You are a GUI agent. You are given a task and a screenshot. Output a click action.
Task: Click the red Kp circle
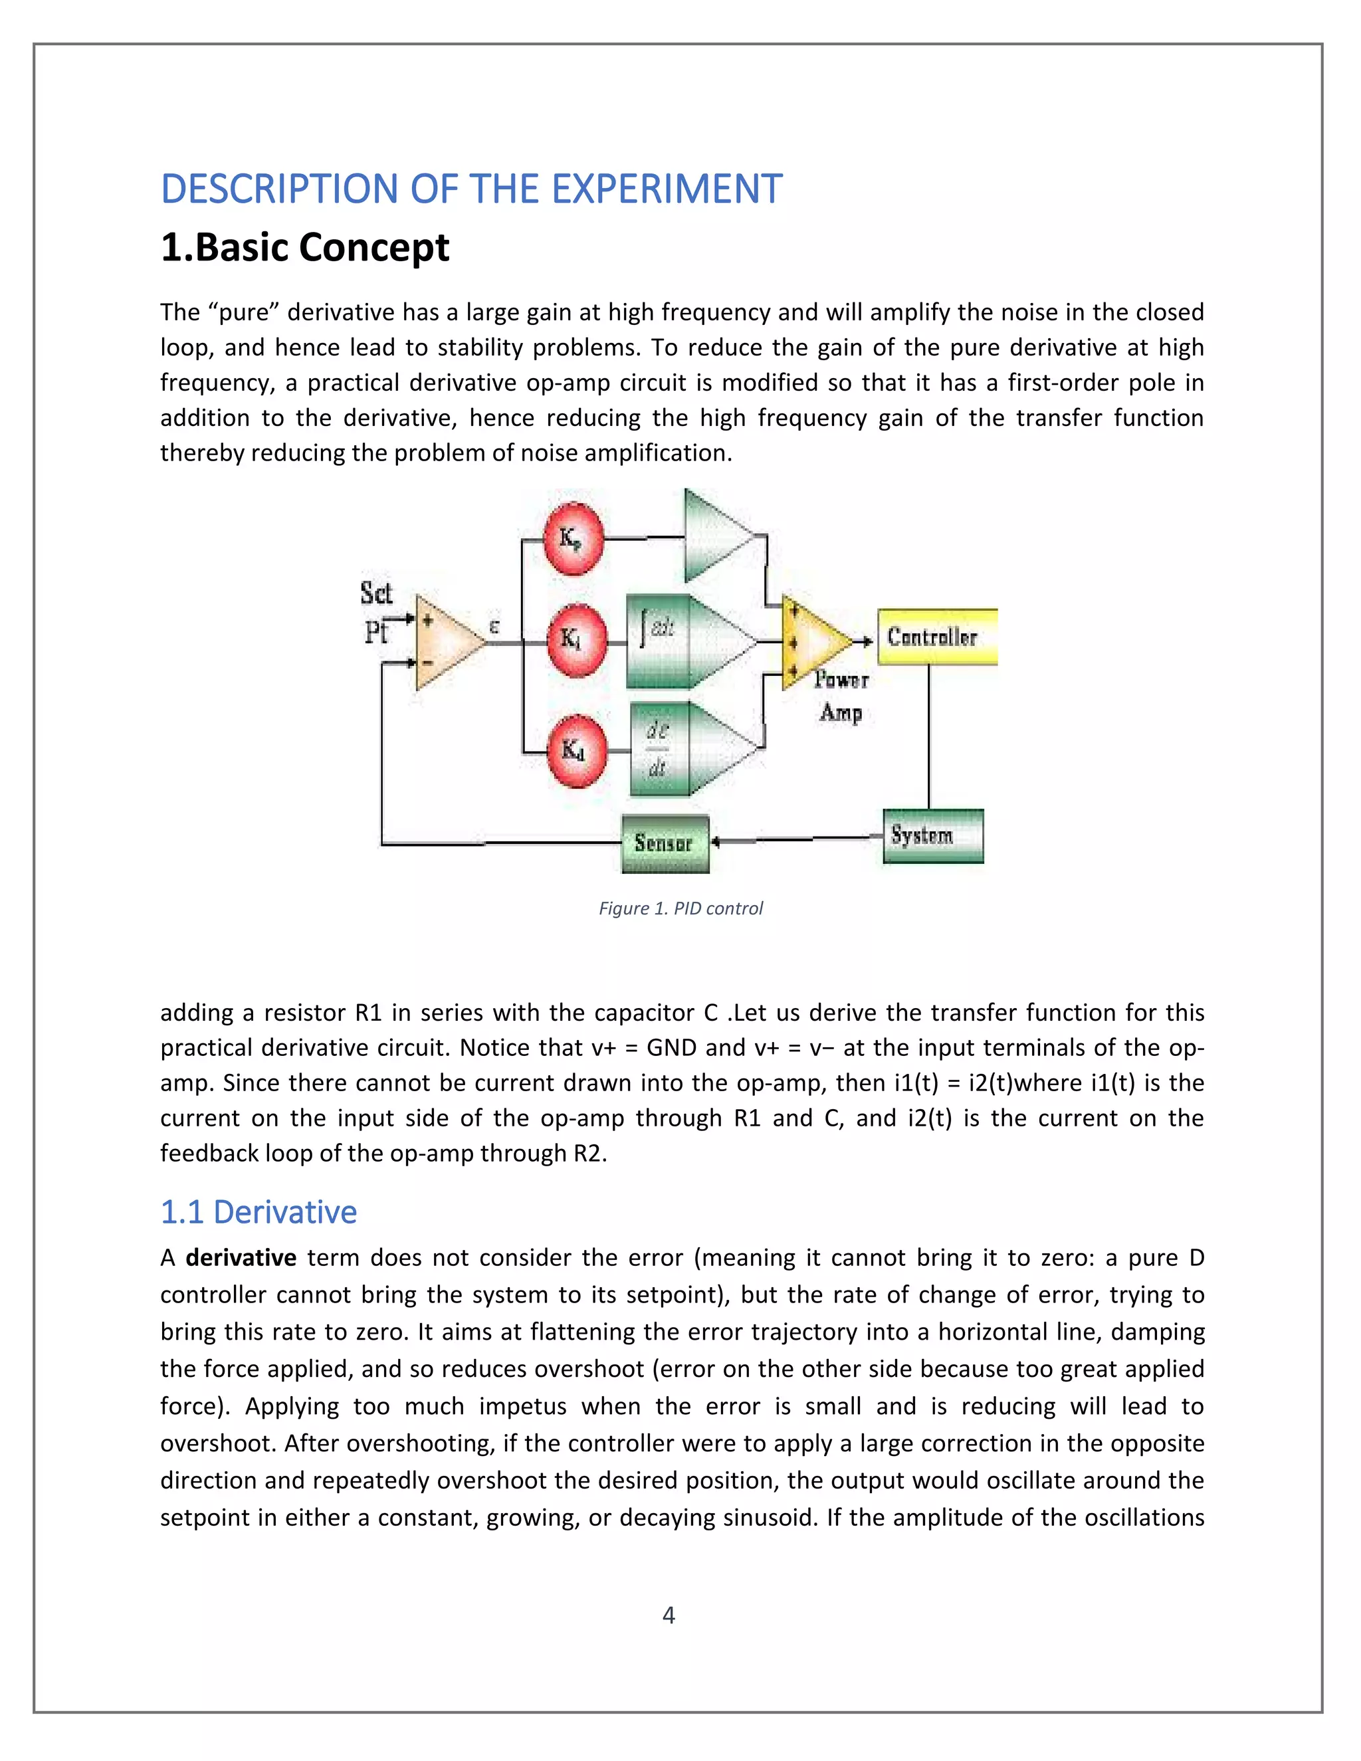point(572,537)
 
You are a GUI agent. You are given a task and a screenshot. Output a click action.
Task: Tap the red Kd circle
point(574,750)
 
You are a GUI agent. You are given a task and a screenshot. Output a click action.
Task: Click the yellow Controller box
point(936,637)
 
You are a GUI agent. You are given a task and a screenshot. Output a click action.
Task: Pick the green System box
point(932,835)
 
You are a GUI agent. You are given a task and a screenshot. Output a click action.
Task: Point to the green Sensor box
point(665,843)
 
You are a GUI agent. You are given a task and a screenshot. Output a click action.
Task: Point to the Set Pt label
point(375,613)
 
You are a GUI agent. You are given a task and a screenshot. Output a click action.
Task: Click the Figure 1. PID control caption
point(680,908)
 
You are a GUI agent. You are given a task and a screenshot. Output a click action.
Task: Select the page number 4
point(669,1615)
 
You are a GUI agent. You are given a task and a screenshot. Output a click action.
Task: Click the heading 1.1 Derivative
point(258,1213)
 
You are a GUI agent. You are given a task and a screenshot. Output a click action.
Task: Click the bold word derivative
point(241,1258)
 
